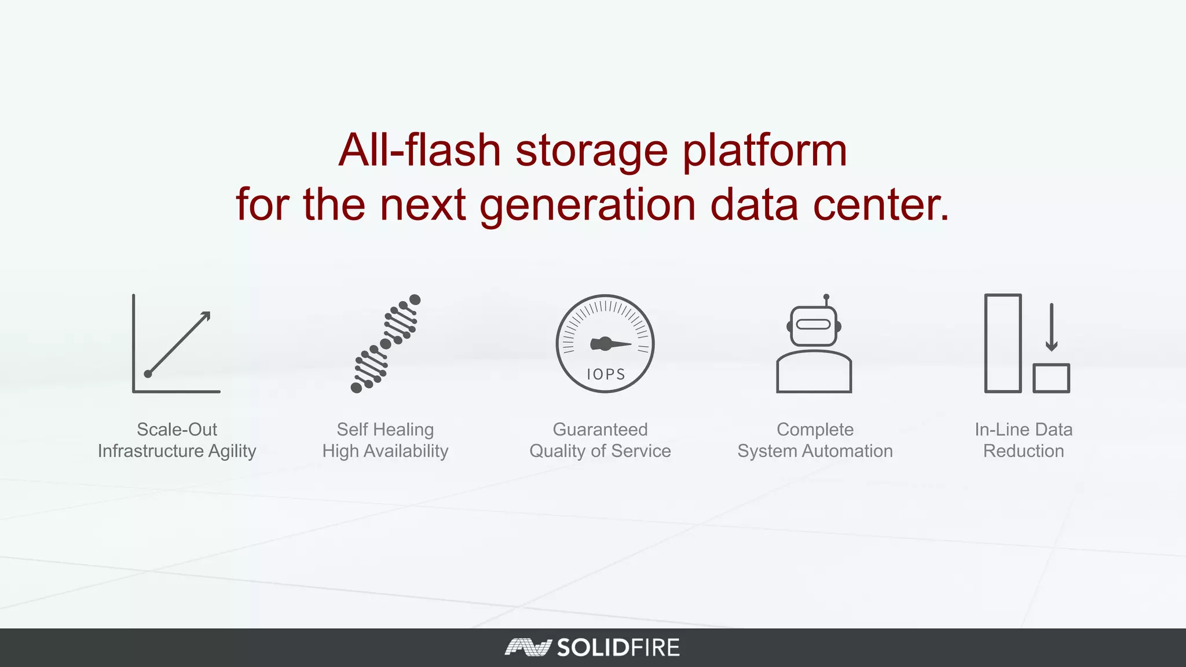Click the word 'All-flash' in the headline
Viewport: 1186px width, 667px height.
[419, 150]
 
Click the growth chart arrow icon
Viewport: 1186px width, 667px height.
[178, 344]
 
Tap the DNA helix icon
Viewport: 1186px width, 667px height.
[386, 343]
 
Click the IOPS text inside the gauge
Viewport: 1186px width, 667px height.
[606, 375]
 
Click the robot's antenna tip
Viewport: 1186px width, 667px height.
[826, 297]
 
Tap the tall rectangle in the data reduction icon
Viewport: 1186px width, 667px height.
[1002, 343]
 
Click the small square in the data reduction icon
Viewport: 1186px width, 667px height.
[1051, 378]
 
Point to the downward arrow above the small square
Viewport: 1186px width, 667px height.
[1052, 327]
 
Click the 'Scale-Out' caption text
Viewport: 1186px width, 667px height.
[177, 430]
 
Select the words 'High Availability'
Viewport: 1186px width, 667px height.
[385, 451]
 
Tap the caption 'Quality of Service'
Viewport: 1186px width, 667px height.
[600, 451]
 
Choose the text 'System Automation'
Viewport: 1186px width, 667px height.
[815, 451]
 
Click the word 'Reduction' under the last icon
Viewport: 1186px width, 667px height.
[1023, 451]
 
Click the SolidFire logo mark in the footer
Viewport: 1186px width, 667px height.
[526, 647]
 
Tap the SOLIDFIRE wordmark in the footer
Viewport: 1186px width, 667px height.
[618, 647]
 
